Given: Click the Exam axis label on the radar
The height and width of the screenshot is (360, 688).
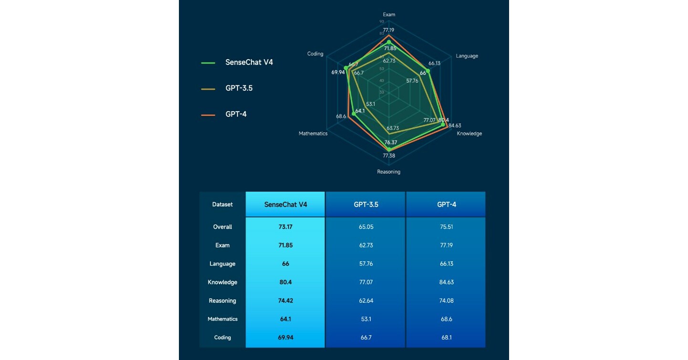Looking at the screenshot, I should point(389,14).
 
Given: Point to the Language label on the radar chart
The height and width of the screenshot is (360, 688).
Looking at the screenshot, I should point(467,56).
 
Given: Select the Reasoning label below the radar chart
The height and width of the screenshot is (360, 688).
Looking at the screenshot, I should point(388,171).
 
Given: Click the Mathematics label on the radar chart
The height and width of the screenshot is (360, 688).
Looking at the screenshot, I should point(313,133).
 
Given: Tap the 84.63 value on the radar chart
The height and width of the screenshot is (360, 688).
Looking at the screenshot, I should point(455,126).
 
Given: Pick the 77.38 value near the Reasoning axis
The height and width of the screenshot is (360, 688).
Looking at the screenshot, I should point(388,156).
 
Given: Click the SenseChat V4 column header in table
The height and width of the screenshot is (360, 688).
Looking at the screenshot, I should point(285,204).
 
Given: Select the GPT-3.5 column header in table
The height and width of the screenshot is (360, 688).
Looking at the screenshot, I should point(366,204).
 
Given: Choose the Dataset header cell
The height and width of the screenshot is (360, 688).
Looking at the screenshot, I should point(222,204).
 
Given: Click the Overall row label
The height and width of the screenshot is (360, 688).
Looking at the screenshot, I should point(222,227).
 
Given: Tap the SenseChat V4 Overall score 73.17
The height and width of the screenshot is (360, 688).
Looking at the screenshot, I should point(285,227).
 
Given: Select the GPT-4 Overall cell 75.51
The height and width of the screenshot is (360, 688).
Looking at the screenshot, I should point(447,227).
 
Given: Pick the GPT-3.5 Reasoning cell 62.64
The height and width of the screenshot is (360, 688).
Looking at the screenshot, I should point(366,301).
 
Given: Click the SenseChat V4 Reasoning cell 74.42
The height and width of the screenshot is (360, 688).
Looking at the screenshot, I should point(285,301).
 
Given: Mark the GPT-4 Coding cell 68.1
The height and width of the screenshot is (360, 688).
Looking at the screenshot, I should point(447,338).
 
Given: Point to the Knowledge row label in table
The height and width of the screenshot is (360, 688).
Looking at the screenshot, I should point(222,282).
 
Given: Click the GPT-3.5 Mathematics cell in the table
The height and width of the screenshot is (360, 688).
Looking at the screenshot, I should point(366,319).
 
